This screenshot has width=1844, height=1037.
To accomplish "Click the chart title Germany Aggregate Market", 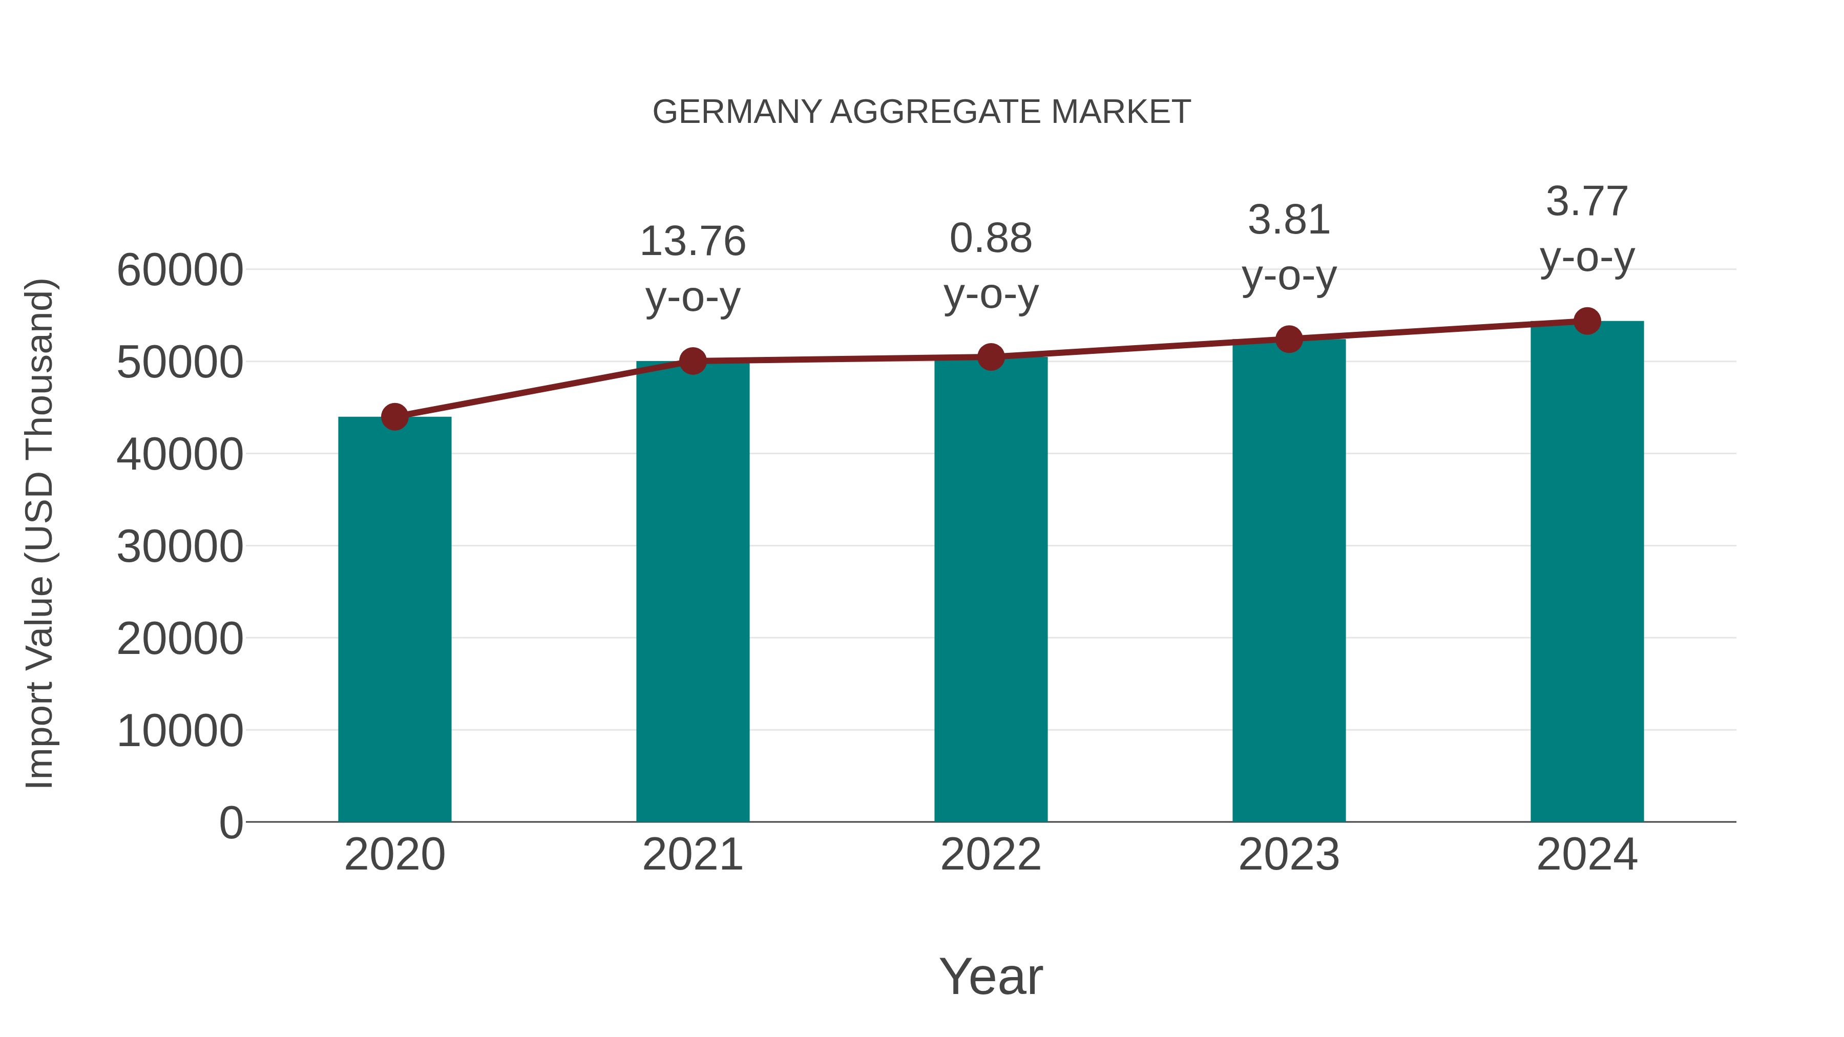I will (x=921, y=112).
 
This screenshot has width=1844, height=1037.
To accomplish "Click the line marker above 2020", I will (x=394, y=416).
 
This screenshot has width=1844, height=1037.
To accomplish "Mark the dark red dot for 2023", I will (x=1289, y=339).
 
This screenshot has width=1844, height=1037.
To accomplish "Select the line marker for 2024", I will (x=1587, y=321).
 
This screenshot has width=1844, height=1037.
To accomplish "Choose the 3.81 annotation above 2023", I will (x=1289, y=220).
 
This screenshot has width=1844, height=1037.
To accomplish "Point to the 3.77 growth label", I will (x=1587, y=201).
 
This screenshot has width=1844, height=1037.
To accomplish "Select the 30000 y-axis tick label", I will (x=180, y=547).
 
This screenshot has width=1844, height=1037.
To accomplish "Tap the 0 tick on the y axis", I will (x=230, y=823).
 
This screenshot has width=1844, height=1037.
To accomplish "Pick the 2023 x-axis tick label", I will (x=1289, y=855).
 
